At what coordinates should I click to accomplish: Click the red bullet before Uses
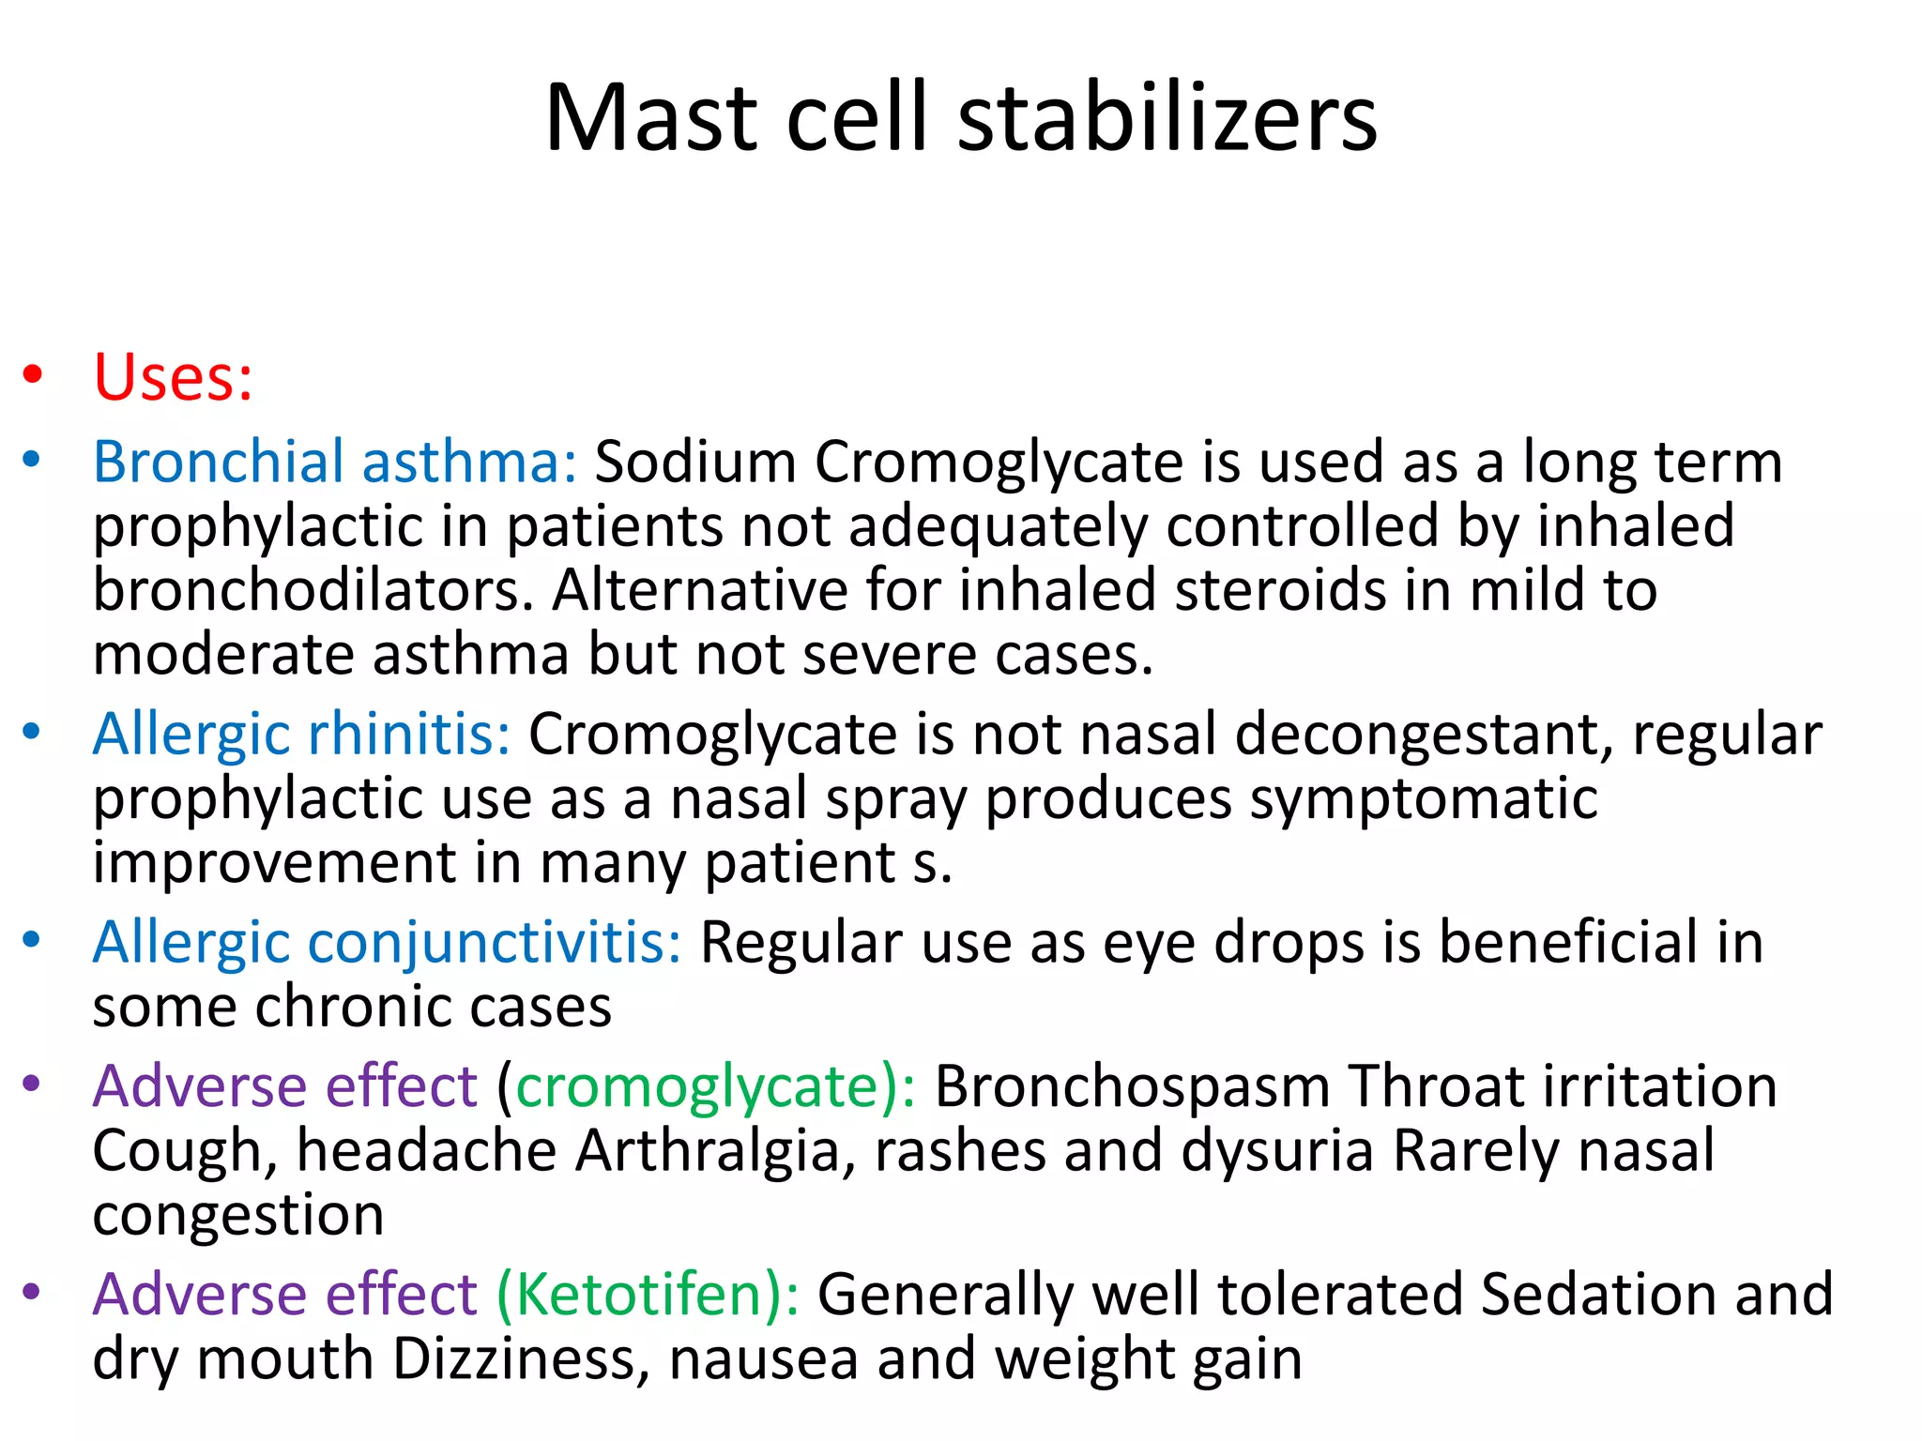point(33,375)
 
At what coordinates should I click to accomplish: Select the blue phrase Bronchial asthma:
point(334,462)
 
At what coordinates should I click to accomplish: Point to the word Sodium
point(695,462)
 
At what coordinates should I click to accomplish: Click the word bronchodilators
point(313,590)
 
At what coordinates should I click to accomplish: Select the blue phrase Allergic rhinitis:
point(301,734)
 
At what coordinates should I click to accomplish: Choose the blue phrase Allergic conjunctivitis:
point(387,942)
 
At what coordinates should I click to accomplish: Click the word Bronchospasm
point(1132,1087)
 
